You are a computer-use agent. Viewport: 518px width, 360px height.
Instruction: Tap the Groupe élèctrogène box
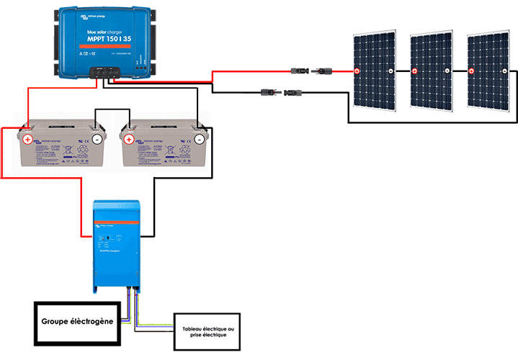click(76, 321)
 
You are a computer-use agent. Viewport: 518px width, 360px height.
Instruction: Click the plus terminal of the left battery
click(27, 139)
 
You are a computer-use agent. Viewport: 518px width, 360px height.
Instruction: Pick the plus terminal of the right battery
click(128, 138)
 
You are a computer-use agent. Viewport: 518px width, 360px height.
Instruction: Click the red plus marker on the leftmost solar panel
click(357, 71)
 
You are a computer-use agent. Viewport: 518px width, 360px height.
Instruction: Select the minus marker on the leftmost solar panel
click(390, 71)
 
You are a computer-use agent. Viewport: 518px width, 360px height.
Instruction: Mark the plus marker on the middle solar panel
click(414, 71)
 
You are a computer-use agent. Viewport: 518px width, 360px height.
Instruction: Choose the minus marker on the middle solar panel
click(447, 71)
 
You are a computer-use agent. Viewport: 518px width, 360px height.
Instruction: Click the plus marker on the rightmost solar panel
click(471, 71)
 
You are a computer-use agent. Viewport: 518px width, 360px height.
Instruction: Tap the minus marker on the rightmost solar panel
click(505, 71)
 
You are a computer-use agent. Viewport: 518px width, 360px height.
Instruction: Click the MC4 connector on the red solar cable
click(311, 71)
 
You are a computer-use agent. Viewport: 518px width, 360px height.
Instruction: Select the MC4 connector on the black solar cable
click(281, 93)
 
